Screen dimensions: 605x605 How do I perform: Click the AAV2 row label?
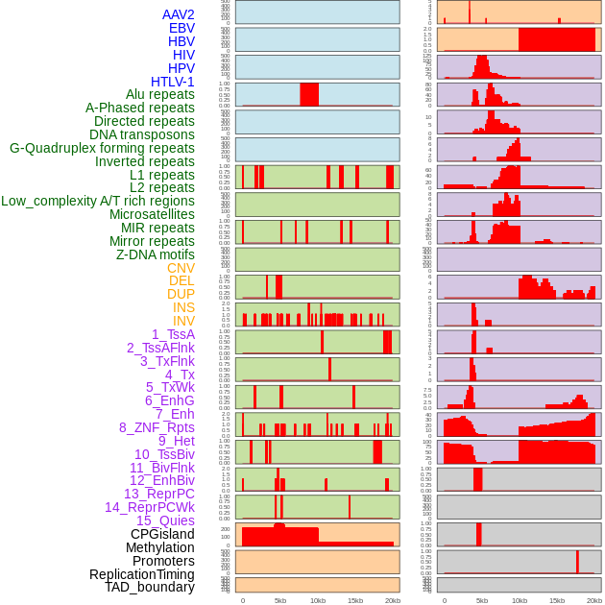coord(179,14)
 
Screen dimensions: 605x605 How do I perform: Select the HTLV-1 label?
coord(173,82)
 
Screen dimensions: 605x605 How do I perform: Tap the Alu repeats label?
coord(160,94)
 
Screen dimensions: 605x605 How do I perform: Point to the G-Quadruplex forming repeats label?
coord(102,148)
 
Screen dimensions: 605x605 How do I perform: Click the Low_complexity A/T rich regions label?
coord(98,201)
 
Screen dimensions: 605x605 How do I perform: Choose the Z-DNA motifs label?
coord(156,254)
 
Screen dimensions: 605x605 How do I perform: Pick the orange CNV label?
coord(181,268)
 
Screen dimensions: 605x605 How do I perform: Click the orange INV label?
coord(183,321)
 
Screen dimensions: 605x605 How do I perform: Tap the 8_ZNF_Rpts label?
coord(157,427)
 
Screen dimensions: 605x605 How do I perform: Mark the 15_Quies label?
coord(165,520)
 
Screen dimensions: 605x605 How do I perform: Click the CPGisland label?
coord(162,534)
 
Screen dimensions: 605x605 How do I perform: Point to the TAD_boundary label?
coord(150,587)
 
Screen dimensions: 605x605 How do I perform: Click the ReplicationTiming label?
coord(142,574)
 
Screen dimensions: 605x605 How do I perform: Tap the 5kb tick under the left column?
coord(280,600)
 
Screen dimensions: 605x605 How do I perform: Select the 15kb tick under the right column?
coord(557,600)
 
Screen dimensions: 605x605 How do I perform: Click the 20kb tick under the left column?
coord(393,600)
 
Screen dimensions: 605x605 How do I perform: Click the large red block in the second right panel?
coord(556,39)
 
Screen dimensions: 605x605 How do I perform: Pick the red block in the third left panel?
coord(309,94)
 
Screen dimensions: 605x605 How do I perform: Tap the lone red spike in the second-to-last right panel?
coord(577,561)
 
